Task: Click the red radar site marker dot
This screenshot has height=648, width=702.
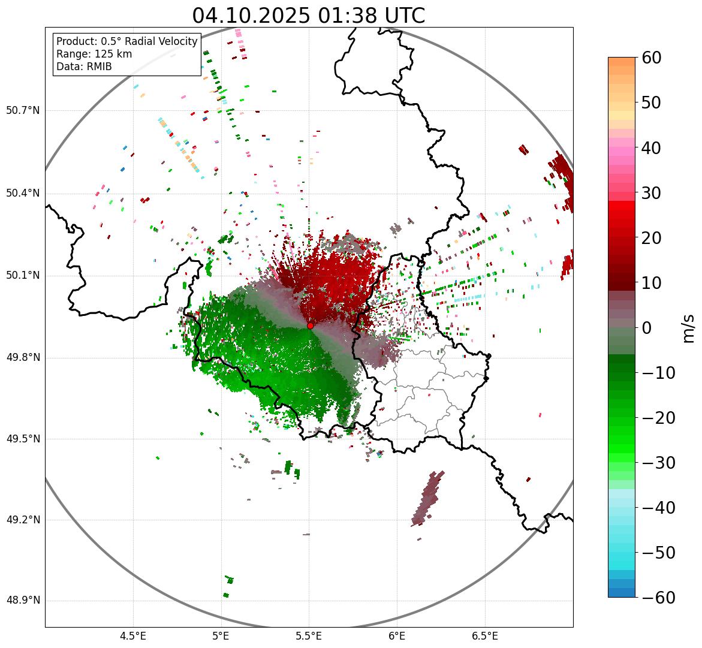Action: tap(311, 325)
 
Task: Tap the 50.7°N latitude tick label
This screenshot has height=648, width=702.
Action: tap(23, 111)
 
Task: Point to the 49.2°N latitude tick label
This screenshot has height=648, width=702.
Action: tap(23, 520)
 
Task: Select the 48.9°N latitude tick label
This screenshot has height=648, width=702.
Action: tap(23, 601)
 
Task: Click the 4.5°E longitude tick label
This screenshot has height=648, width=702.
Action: tap(133, 636)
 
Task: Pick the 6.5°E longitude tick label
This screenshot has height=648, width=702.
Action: tap(484, 636)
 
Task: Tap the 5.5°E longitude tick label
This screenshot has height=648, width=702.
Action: tap(309, 636)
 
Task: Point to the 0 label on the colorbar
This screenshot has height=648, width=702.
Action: tap(647, 328)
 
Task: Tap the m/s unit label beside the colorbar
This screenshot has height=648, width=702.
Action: tap(689, 328)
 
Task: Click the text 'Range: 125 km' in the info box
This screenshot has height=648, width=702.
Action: tap(94, 54)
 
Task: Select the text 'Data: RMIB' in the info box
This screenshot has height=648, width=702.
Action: tap(84, 67)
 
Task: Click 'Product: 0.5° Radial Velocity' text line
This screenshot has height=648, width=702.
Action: tap(126, 41)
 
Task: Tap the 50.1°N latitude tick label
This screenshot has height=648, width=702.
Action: tap(23, 276)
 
